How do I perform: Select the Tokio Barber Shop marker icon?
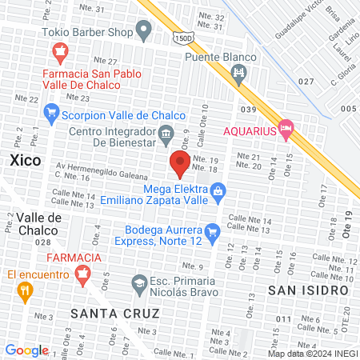click(x=145, y=32)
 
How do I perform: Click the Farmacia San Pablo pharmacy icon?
click(x=58, y=54)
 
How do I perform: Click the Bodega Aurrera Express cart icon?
click(x=212, y=234)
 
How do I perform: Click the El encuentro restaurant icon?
click(x=24, y=292)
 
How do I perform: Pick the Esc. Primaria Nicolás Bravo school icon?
click(x=138, y=282)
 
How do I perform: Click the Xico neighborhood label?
click(x=26, y=160)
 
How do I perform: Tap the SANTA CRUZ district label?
click(x=103, y=313)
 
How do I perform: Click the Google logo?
click(x=26, y=350)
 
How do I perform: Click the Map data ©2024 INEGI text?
click(x=311, y=353)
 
